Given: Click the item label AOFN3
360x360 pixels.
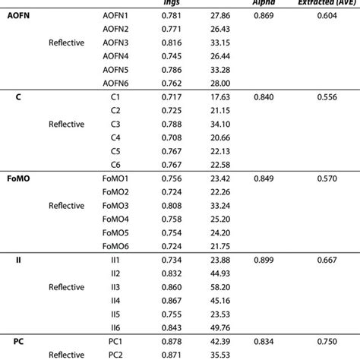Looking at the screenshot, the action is (115, 42).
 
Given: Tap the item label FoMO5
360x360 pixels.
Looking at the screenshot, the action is (115, 232).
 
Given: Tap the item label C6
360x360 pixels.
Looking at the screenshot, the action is (115, 164).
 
